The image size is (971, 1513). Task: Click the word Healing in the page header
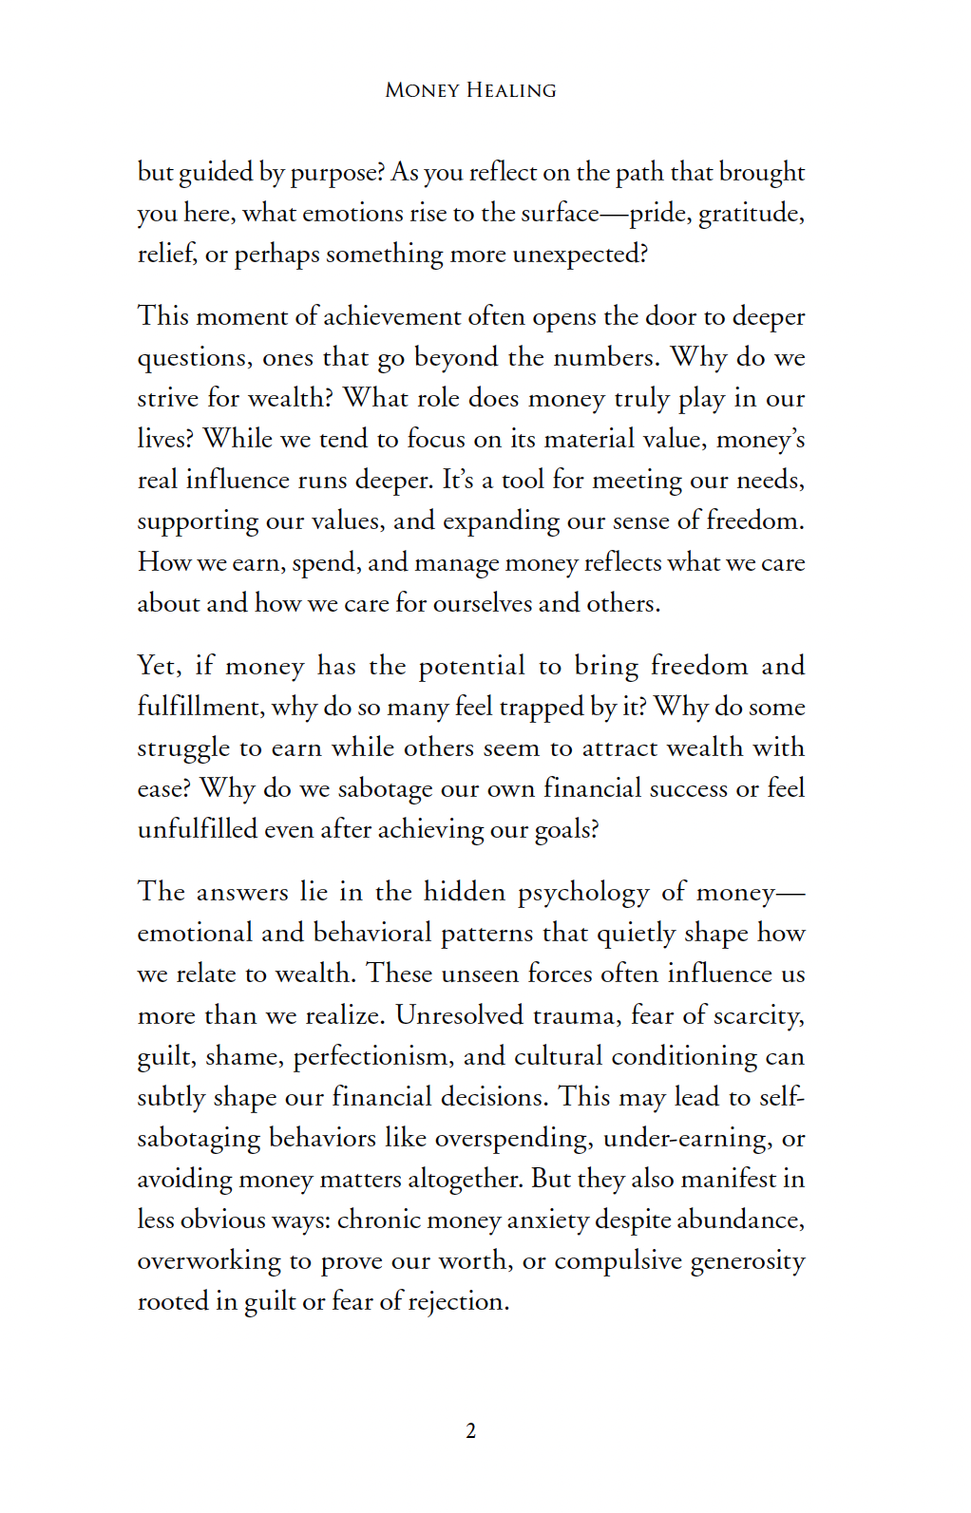(x=511, y=90)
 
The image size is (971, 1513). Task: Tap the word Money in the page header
(x=422, y=90)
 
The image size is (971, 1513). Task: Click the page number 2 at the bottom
(x=471, y=1431)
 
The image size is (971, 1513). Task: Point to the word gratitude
(x=750, y=214)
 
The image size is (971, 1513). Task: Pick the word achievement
(x=392, y=316)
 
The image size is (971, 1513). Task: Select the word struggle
(x=183, y=748)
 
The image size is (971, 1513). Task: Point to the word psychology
(x=583, y=893)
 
